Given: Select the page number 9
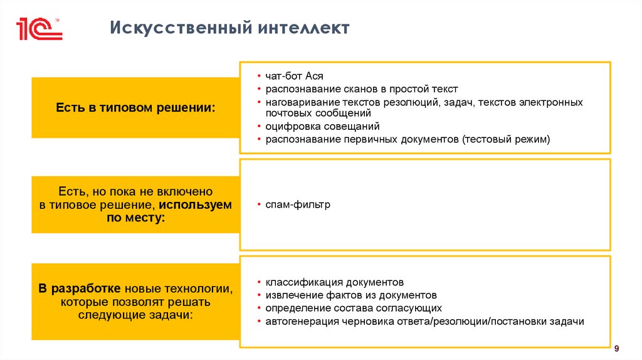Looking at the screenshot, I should (x=617, y=349).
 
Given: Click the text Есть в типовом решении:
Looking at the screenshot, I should (x=135, y=108).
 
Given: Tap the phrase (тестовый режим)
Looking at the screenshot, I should (x=506, y=139).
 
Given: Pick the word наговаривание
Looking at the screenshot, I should (x=298, y=102).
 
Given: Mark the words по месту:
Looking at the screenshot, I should (x=135, y=218).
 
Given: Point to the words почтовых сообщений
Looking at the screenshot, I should (x=318, y=113).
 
